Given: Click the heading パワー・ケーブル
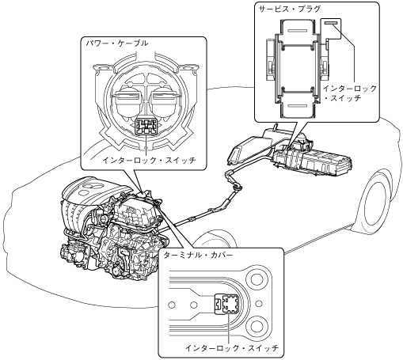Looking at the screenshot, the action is pos(117,43).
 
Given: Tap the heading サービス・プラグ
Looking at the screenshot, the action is pos(290,9).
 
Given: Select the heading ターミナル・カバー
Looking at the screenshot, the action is pos(198,255).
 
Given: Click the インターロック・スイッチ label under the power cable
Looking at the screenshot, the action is pos(149,160).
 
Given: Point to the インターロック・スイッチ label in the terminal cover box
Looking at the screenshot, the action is pos(232,348).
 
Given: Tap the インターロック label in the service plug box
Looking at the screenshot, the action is pos(350,89).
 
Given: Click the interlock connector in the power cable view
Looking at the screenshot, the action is pos(146,126).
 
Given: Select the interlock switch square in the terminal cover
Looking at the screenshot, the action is pos(230,304).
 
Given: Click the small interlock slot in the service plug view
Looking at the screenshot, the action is pos(331,23).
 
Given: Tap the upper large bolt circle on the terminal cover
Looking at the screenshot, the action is pos(256,279).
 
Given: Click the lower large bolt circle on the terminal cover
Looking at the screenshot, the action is pos(256,327).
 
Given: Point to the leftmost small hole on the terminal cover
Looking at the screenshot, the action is pos(172,305).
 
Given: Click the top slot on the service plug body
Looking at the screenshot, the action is pos(297,31).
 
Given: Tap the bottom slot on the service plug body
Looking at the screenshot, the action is pos(297,105).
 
